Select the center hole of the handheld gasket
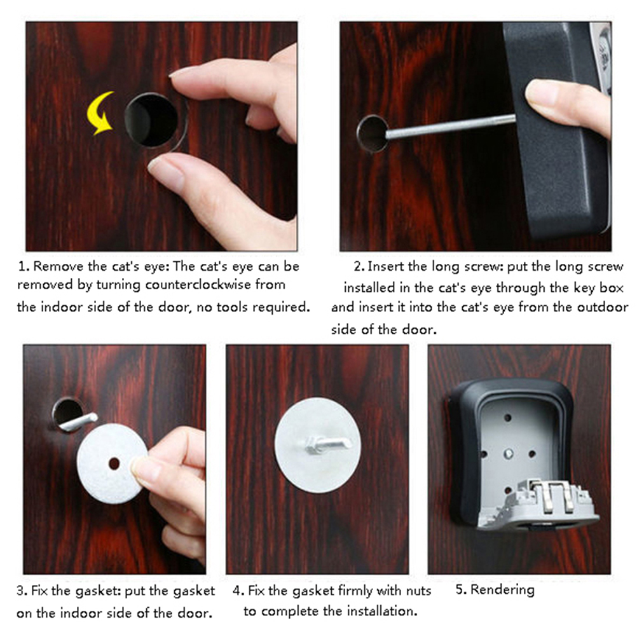click(x=114, y=463)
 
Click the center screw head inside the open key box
click(x=508, y=453)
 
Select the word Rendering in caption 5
click(x=502, y=589)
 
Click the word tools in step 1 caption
click(x=232, y=306)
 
